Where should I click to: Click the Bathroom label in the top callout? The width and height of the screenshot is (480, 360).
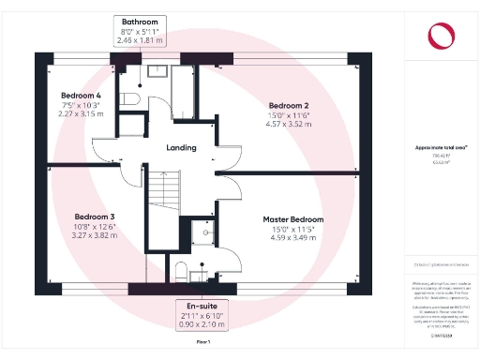coord(139,21)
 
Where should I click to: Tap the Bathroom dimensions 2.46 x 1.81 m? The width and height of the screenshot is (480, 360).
coord(139,40)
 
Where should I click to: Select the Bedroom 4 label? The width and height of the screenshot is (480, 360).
coord(80,96)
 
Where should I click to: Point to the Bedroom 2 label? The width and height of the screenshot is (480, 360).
coord(288,105)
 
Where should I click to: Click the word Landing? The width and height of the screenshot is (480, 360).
coord(181,148)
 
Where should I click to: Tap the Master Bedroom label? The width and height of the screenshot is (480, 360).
coord(292,218)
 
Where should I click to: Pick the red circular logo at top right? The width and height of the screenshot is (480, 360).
coord(440,35)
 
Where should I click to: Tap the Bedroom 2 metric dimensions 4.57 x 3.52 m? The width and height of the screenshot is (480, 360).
coord(288,124)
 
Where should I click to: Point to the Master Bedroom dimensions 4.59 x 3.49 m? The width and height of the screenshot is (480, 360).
coord(292,237)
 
